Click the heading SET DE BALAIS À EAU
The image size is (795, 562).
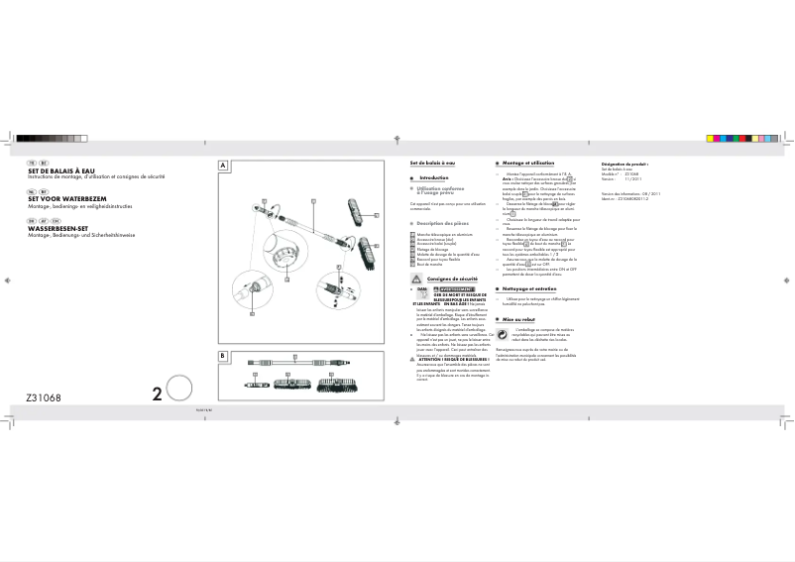click(60, 169)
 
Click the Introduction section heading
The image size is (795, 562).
click(434, 177)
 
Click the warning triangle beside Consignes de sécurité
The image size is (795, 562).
click(415, 281)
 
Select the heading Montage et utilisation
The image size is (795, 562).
click(527, 162)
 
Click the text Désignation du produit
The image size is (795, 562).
click(625, 162)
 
